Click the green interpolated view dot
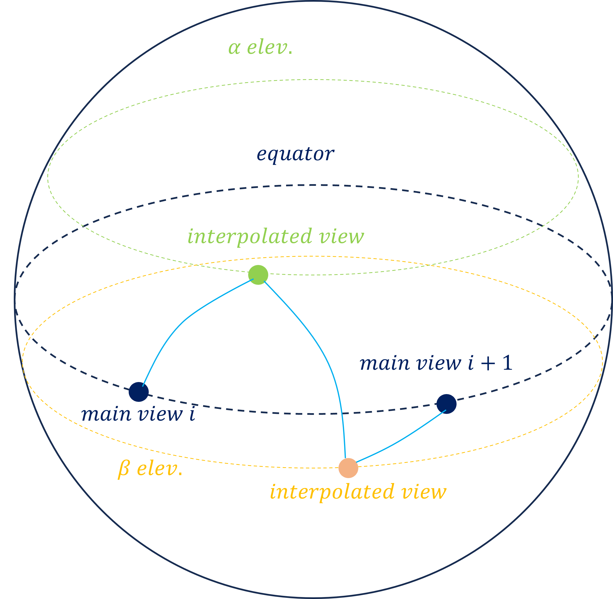258,275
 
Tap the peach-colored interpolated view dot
348,468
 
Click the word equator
295,154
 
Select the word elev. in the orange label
160,469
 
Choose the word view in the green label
341,237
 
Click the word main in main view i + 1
385,364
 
